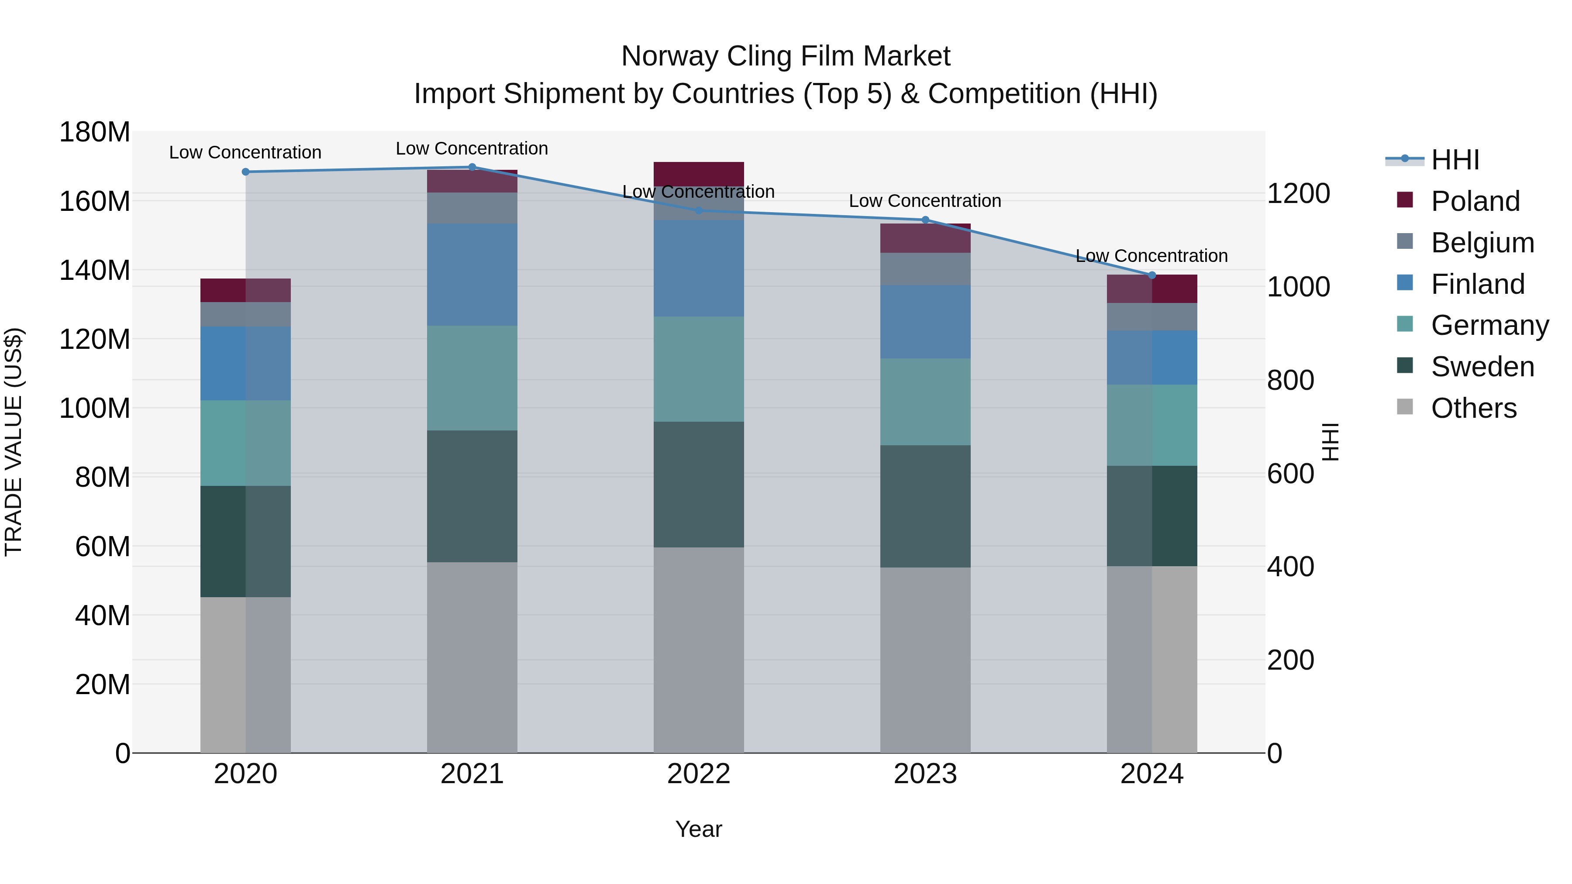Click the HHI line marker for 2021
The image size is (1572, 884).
[x=472, y=167]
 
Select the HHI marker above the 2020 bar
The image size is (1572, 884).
[x=245, y=172]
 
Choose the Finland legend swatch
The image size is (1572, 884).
[x=1405, y=282]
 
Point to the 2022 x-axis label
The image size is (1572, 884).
[x=699, y=774]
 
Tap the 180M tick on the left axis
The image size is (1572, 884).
[x=95, y=132]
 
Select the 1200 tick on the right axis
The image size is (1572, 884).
[x=1299, y=193]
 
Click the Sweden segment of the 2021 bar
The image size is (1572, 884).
[x=472, y=496]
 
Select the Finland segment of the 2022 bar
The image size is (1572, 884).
[x=699, y=268]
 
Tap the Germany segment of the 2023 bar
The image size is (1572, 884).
[x=925, y=402]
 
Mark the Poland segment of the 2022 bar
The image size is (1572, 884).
[x=699, y=173]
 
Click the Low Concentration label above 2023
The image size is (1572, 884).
[x=925, y=201]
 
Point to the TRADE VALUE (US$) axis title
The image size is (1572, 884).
[x=14, y=442]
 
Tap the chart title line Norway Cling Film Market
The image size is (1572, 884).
[x=786, y=56]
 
